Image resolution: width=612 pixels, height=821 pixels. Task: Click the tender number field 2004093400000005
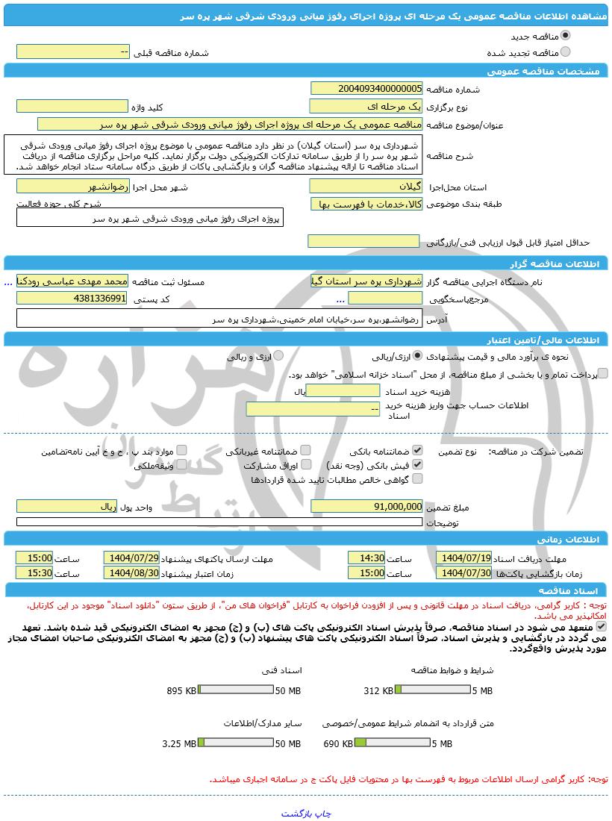[366, 88]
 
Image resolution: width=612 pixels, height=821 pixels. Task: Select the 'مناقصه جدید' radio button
[565, 35]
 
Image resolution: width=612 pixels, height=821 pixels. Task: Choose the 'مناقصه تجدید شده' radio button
[565, 51]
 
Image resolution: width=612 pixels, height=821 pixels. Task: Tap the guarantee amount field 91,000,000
[366, 506]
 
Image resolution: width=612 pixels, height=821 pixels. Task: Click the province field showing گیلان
[366, 186]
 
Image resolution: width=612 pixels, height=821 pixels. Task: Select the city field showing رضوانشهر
[72, 186]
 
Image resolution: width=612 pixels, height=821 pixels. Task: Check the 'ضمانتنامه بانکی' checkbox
[417, 451]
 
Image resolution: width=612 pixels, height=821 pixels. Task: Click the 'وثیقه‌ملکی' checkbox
[181, 465]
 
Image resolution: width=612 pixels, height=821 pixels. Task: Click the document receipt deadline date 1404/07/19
[464, 558]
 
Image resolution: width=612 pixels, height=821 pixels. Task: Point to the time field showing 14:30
[366, 558]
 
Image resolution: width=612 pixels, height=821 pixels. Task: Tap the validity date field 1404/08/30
[131, 572]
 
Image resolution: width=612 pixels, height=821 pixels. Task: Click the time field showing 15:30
[34, 572]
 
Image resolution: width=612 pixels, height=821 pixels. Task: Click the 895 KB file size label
[181, 690]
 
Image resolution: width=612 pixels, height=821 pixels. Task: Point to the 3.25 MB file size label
[179, 743]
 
